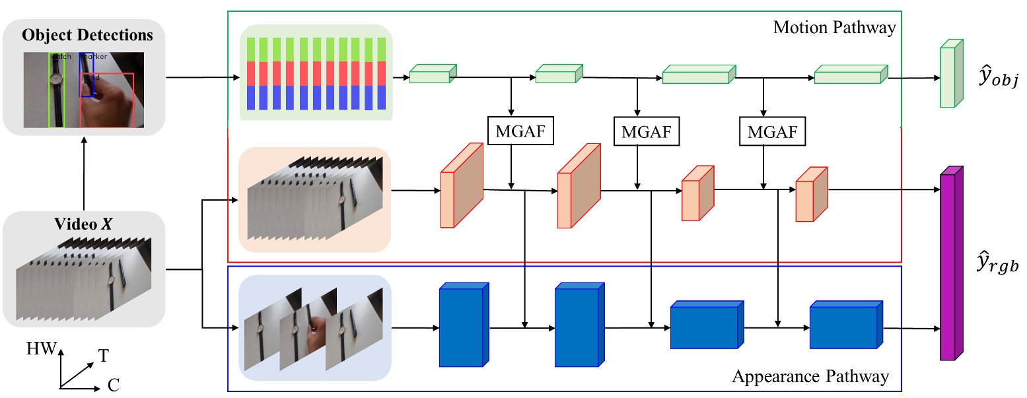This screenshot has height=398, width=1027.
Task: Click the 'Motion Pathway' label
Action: [834, 28]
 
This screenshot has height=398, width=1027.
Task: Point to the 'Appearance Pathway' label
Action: [810, 377]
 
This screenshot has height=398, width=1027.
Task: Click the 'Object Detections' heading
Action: [87, 36]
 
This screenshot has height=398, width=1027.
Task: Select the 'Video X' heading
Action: [83, 224]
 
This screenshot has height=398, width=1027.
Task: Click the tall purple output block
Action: [950, 264]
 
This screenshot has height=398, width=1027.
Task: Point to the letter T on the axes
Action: [104, 356]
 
